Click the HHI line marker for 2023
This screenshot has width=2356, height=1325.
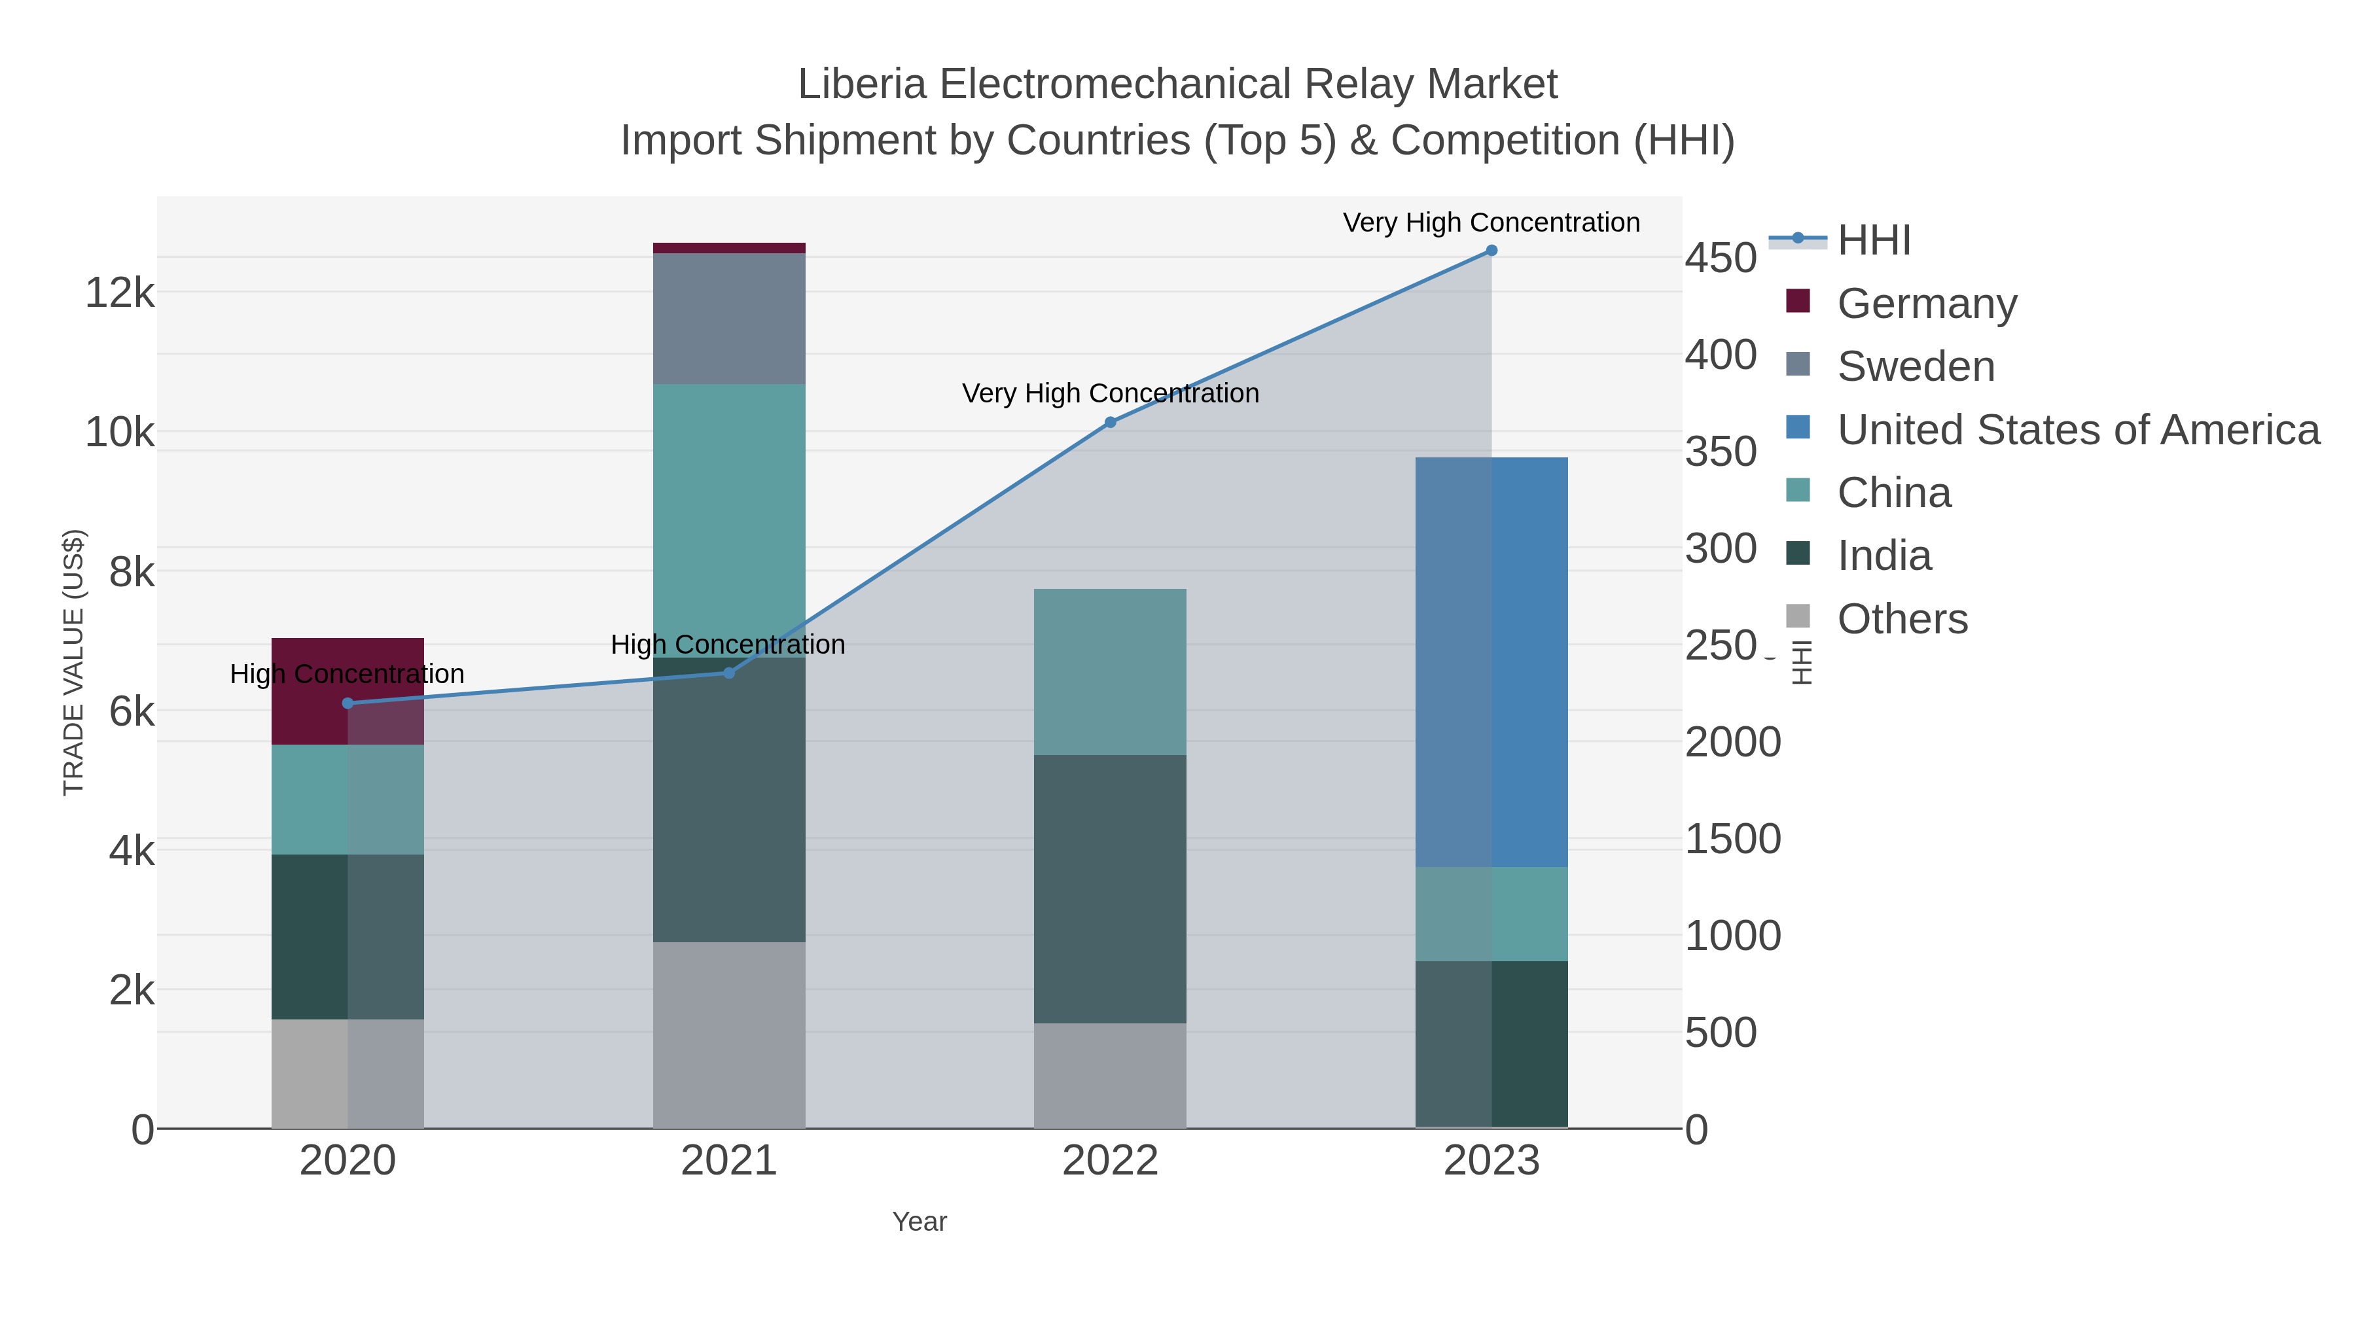pos(1491,251)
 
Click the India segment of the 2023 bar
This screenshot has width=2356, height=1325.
pos(1491,1044)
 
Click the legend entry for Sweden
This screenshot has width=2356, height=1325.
pos(1915,366)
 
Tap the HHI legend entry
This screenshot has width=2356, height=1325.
pos(1873,241)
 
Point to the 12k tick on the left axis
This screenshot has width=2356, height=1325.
pos(120,294)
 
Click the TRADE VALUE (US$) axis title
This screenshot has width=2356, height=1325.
pos(73,662)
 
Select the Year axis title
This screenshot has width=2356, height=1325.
pos(919,1222)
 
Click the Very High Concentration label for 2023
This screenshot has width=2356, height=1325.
pos(1491,222)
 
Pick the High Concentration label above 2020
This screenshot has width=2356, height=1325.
pos(347,674)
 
